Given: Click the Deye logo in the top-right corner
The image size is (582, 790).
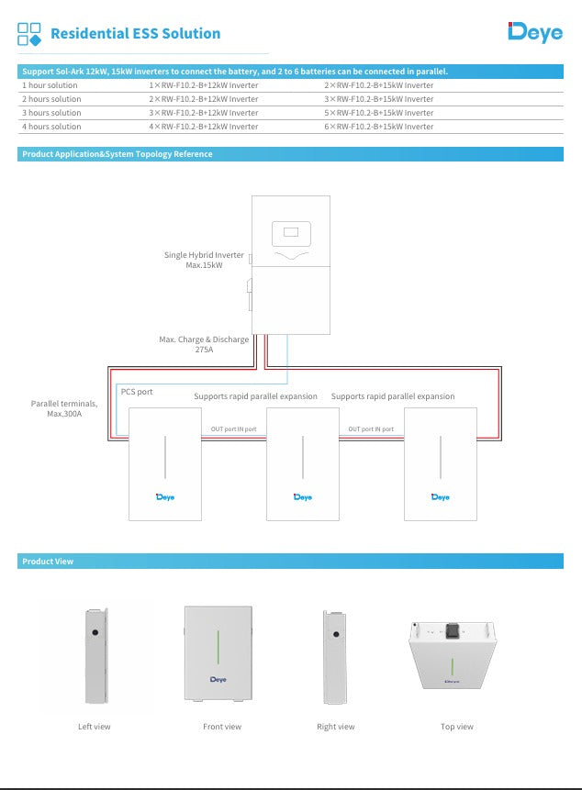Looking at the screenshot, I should point(535,32).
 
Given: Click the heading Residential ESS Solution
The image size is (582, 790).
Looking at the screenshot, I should point(135,34).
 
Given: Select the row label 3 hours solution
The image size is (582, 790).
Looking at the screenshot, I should point(51,113).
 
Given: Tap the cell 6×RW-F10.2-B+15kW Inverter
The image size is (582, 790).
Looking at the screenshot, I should point(378,127).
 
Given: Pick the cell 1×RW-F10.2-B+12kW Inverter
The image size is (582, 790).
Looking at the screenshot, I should point(203,85).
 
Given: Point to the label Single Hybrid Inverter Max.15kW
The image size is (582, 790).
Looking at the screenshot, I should point(204,260).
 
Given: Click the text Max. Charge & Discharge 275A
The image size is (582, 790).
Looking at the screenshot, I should point(204,344).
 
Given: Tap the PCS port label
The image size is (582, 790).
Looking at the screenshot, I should point(137,392).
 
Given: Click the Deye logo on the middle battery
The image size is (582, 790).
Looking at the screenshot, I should point(302,496).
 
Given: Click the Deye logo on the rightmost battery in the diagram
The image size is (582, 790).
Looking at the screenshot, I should point(441,496).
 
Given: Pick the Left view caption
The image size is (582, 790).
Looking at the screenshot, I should point(95,727).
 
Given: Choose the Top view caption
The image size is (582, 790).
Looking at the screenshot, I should point(456,727).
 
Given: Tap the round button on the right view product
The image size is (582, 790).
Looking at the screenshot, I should point(337,634).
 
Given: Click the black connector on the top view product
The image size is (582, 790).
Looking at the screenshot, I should point(453,630).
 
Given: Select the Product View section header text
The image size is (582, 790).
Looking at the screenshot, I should point(48,562).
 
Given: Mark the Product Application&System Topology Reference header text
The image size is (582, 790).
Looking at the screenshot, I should point(117,154).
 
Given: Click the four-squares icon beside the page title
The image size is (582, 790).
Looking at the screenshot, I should point(29,34).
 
